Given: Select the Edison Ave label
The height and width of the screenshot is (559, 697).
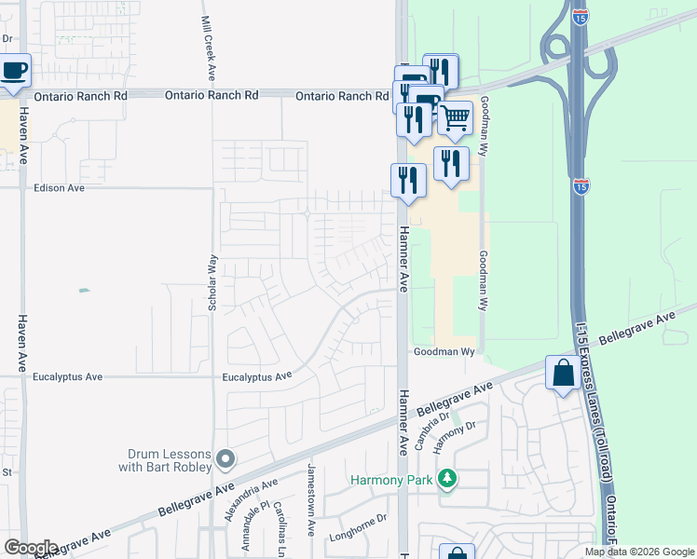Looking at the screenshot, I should click(59, 187).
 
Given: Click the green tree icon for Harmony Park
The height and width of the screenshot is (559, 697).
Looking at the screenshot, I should click(448, 479).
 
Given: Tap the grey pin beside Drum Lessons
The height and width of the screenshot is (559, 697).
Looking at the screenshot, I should click(225, 458).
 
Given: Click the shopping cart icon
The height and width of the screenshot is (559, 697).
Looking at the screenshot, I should click(455, 118).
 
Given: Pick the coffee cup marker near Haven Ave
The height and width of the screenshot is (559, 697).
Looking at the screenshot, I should click(14, 71).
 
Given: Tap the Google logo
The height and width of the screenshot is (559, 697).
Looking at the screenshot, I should click(30, 548).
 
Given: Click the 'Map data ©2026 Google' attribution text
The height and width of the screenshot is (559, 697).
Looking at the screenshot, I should click(639, 552).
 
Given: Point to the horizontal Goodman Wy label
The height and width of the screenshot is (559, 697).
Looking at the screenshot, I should click(444, 352).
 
